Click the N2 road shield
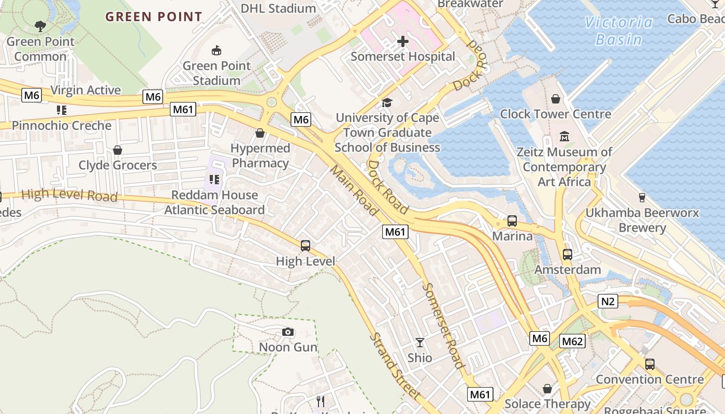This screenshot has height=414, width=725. coord(608,301)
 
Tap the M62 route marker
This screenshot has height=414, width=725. coord(572,341)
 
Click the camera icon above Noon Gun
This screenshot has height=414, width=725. coord(288,332)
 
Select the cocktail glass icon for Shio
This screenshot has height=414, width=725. coord(419,343)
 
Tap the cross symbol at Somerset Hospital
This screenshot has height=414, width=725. coord(403,41)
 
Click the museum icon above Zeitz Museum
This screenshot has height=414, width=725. coord(564,137)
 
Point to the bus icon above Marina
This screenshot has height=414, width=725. coord(512,221)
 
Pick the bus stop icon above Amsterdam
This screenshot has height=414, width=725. coord(568,255)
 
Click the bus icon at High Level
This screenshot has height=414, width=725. coord(306,246)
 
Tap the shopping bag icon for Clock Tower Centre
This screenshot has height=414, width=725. coord(556,99)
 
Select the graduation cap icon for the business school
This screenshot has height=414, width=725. coord(387,102)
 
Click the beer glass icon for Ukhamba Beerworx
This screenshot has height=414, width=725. coord(642,197)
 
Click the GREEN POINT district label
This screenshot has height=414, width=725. coord(154,17)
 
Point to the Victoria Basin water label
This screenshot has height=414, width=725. coord(619,31)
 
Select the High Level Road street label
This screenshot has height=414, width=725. coord(69,195)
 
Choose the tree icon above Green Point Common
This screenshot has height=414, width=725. coord(40,26)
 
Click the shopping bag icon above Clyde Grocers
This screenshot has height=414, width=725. coord(118,150)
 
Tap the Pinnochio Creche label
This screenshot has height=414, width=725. coord(62,125)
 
